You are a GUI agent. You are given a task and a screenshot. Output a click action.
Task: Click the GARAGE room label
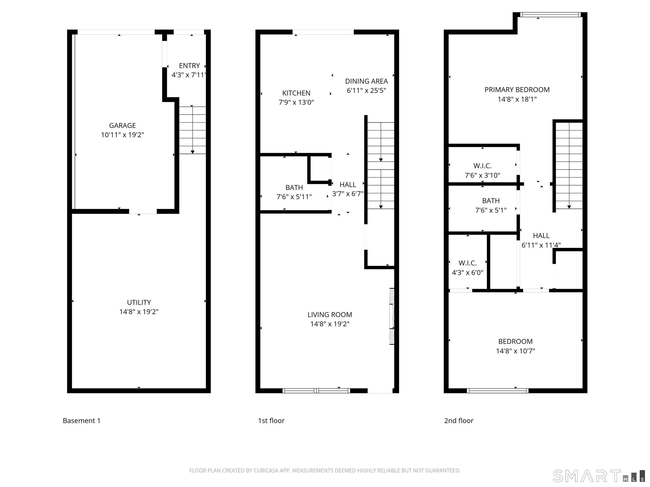point(122,125)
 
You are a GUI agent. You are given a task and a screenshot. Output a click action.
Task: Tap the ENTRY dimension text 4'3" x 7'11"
point(188,75)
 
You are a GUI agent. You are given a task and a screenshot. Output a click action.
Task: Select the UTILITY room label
point(139,302)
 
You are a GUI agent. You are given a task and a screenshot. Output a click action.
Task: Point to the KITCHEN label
point(296,93)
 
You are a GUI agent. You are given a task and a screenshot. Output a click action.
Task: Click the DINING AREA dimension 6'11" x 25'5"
point(366,90)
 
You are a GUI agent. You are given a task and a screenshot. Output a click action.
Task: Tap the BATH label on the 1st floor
point(294,187)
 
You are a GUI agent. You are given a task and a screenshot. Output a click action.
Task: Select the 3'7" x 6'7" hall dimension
point(348,194)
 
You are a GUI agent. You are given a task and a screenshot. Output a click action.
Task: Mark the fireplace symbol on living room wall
point(391,316)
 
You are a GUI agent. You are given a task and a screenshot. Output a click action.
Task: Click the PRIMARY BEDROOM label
point(517,90)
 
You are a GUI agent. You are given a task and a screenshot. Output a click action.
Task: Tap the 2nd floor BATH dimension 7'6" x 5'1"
point(491,210)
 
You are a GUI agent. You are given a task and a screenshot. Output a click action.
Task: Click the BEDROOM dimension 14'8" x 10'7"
point(515,351)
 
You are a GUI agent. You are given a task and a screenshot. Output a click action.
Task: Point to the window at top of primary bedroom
point(550,14)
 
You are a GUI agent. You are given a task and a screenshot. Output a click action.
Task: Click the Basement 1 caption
point(82,421)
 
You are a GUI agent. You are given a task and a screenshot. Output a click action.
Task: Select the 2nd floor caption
point(459,421)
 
